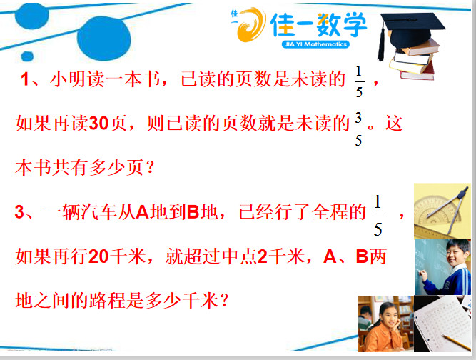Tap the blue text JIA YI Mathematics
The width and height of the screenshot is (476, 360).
tap(315, 44)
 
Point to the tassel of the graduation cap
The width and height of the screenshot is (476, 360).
tap(381, 43)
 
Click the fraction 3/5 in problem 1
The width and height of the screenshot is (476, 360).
tap(358, 129)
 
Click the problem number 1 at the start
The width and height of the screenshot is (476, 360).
tap(25, 79)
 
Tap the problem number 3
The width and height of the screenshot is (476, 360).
tap(19, 211)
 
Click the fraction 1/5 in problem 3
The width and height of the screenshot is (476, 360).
tap(378, 216)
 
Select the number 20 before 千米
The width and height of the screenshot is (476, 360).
tap(98, 256)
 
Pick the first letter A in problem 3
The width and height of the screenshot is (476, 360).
tap(143, 212)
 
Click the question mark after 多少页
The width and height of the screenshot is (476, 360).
tap(150, 168)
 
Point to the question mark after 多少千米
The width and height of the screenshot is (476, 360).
tap(224, 300)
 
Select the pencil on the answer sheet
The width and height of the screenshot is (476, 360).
tap(456, 342)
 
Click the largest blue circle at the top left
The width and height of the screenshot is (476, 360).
tap(103, 39)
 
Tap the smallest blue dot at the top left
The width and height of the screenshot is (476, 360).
tap(27, 56)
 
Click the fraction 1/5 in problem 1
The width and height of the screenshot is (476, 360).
tap(359, 82)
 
